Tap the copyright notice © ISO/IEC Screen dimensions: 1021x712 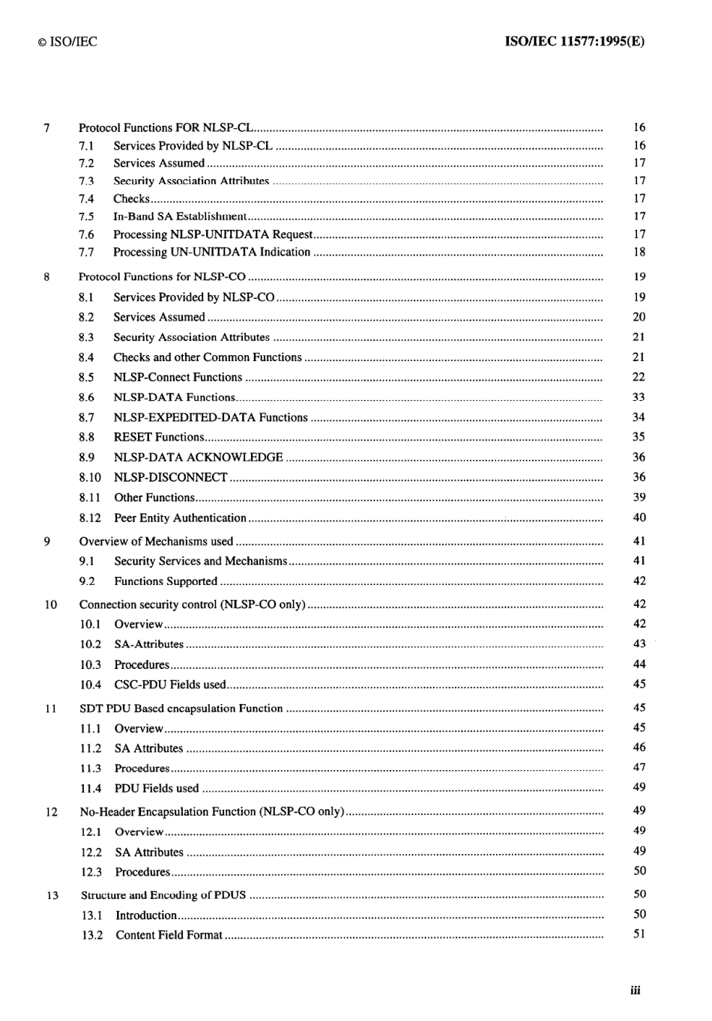click(67, 42)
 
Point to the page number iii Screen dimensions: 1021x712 click(636, 990)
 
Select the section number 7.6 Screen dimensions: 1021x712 click(86, 234)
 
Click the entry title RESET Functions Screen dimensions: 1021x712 click(159, 437)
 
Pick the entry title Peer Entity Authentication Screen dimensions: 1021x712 click(180, 518)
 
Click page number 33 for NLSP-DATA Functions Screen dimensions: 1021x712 click(639, 397)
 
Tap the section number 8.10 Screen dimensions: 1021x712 click(89, 477)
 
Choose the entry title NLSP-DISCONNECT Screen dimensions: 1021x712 click(170, 477)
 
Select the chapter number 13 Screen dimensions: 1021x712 click(52, 895)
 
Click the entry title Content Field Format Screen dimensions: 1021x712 click(169, 935)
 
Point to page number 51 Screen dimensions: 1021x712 click(639, 934)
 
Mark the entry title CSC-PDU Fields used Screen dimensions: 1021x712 click(169, 685)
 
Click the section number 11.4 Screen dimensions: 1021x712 click(91, 788)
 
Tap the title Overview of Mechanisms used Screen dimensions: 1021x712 click(156, 542)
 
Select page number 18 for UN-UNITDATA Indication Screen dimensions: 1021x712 click(639, 252)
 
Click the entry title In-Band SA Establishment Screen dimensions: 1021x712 click(179, 216)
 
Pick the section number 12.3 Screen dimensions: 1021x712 click(91, 872)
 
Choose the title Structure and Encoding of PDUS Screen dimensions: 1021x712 click(163, 895)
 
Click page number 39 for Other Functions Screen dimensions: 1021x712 click(639, 497)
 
